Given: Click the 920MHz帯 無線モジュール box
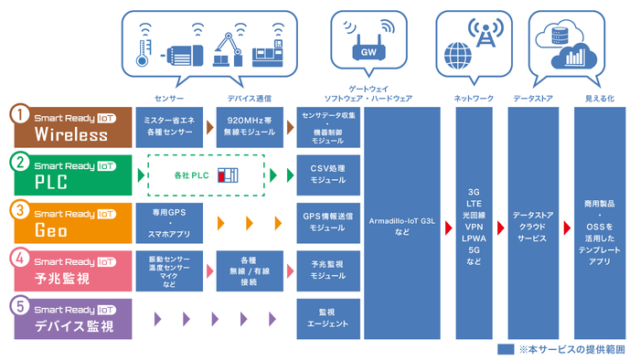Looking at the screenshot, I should [x=249, y=127].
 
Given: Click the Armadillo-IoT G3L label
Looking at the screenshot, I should [x=402, y=224].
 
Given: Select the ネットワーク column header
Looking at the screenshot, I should [x=473, y=97].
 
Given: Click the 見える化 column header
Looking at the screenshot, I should [x=599, y=97].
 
